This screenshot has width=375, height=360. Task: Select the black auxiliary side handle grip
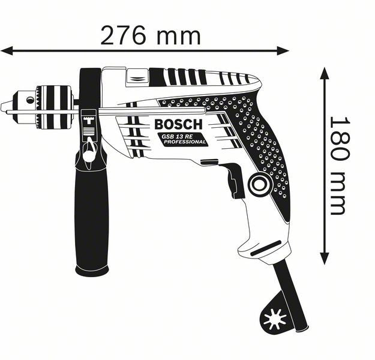click(x=91, y=216)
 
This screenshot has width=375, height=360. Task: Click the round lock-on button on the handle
click(x=260, y=184)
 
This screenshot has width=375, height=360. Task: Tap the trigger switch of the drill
click(x=235, y=180)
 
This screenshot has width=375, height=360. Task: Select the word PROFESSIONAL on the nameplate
click(x=186, y=143)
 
